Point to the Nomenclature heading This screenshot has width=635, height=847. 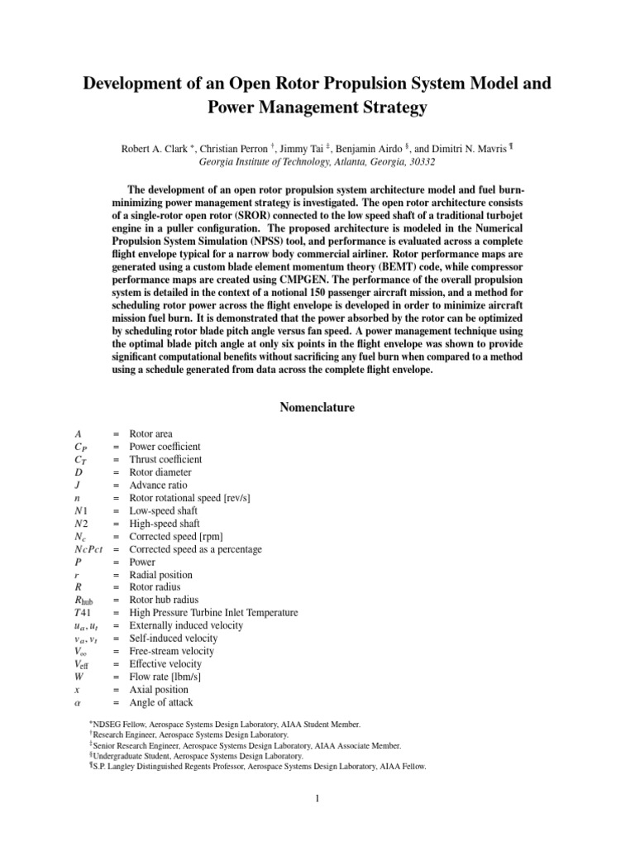coord(317,408)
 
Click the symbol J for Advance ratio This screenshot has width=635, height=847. coord(77,485)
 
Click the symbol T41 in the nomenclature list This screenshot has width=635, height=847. coord(81,613)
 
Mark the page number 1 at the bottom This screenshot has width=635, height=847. coord(317,798)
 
